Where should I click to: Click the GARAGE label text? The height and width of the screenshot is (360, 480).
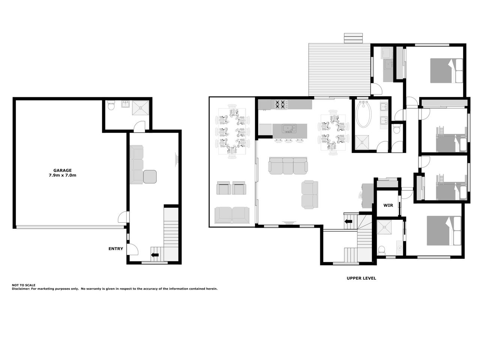62,171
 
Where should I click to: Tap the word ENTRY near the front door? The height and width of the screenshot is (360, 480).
115,249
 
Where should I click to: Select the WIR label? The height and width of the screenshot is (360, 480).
388,205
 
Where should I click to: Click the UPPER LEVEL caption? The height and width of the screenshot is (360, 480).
361,278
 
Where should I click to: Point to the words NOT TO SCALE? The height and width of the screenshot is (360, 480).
23,285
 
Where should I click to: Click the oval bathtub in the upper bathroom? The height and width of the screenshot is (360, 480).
364,114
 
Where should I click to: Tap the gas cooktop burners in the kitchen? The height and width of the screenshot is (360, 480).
281,104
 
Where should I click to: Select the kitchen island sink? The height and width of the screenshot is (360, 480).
289,128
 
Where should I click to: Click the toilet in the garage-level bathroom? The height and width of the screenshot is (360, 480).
111,105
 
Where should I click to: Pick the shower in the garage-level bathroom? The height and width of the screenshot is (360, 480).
140,108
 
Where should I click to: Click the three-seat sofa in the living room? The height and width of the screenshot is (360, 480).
288,165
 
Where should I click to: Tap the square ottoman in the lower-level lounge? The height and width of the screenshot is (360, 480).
150,177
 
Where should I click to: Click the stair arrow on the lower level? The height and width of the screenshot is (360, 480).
155,255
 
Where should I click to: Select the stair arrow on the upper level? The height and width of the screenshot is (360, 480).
348,221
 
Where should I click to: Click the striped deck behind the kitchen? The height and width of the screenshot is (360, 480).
339,69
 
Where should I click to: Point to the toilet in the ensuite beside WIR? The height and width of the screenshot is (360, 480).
382,250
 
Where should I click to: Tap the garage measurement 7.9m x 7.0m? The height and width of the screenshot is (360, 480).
63,175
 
